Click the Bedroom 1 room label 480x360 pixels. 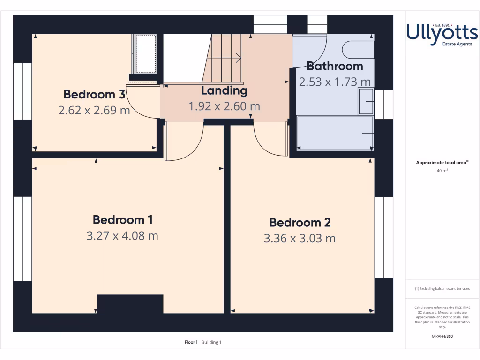(x=122, y=220)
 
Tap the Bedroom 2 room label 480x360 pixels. (x=300, y=223)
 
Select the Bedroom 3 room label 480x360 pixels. (x=94, y=94)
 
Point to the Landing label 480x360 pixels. (x=224, y=90)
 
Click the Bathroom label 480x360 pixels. (x=335, y=66)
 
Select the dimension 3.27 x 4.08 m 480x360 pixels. (x=122, y=236)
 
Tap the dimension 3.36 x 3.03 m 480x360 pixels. (x=300, y=239)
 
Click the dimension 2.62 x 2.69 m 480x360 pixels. (x=94, y=111)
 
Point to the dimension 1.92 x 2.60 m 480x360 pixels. (x=224, y=106)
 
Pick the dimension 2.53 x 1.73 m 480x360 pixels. (x=335, y=82)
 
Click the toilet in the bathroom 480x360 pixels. (x=358, y=49)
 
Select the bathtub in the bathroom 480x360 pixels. (x=335, y=133)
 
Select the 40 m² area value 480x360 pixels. (x=442, y=171)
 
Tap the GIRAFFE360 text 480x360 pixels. (x=442, y=336)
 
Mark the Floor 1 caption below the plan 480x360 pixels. (x=191, y=342)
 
